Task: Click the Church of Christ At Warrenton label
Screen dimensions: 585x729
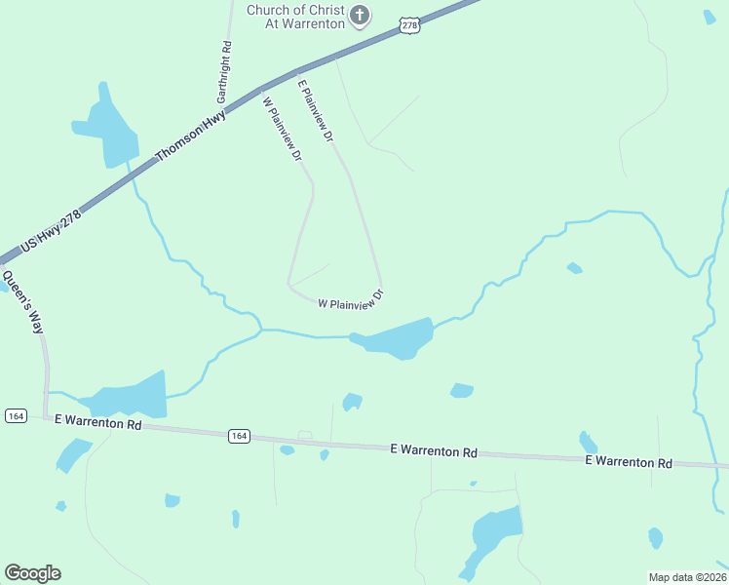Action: pos(295,17)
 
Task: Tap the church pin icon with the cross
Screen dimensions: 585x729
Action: pos(361,15)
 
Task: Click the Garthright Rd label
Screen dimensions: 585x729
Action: pos(226,72)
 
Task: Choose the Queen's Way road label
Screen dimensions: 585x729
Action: pos(22,302)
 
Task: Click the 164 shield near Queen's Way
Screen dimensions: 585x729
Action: pos(15,416)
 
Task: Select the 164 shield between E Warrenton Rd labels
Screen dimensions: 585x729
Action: pos(239,436)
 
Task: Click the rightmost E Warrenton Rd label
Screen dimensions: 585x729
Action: pos(629,462)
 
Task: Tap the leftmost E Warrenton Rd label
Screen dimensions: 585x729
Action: pos(98,424)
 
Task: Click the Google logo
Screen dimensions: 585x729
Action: pos(32,573)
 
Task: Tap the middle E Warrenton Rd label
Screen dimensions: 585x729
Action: pos(434,451)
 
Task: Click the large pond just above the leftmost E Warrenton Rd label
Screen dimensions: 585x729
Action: pos(132,396)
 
